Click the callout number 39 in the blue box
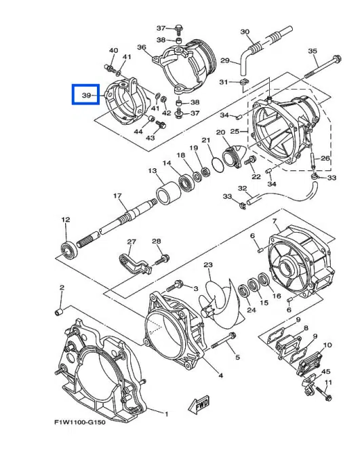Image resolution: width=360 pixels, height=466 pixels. click(87, 96)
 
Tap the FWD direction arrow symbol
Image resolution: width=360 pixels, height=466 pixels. click(201, 406)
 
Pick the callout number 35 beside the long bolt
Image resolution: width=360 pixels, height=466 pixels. click(313, 51)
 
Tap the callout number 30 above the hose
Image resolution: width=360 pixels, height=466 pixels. click(245, 32)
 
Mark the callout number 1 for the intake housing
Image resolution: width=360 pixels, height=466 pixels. click(167, 412)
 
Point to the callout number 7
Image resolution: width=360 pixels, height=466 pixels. click(275, 222)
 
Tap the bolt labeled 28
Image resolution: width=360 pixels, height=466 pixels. click(162, 258)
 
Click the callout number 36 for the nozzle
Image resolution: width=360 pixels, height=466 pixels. click(142, 47)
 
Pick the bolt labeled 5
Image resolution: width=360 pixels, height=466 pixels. click(218, 345)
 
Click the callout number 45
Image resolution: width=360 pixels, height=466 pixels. click(326, 372)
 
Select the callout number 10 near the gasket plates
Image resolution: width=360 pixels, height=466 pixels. click(328, 345)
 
